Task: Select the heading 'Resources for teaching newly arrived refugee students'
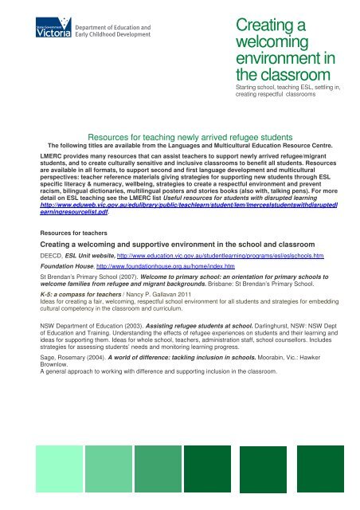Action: click(179, 136)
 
